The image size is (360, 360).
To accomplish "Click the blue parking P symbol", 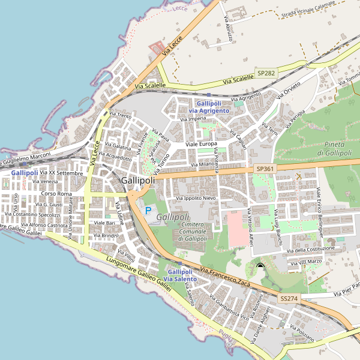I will pos(148,211).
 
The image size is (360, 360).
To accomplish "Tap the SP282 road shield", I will pos(266,73).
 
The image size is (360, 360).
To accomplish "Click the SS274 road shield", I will pos(289,298).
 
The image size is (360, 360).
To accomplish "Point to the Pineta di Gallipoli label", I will pos(334,149).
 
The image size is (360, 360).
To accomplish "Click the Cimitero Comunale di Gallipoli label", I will pos(196,232).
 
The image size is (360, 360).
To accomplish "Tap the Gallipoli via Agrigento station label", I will pos(209,107).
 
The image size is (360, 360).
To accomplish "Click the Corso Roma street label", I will pos(56,194).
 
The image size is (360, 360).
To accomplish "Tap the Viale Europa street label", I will pos(200,145).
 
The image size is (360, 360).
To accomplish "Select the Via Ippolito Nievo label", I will pos(196,198).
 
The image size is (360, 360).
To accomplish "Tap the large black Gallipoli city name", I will pos(137,180).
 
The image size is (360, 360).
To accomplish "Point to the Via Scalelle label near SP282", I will pos(238,80).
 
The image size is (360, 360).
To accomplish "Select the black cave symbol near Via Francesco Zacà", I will pos(260,266).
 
